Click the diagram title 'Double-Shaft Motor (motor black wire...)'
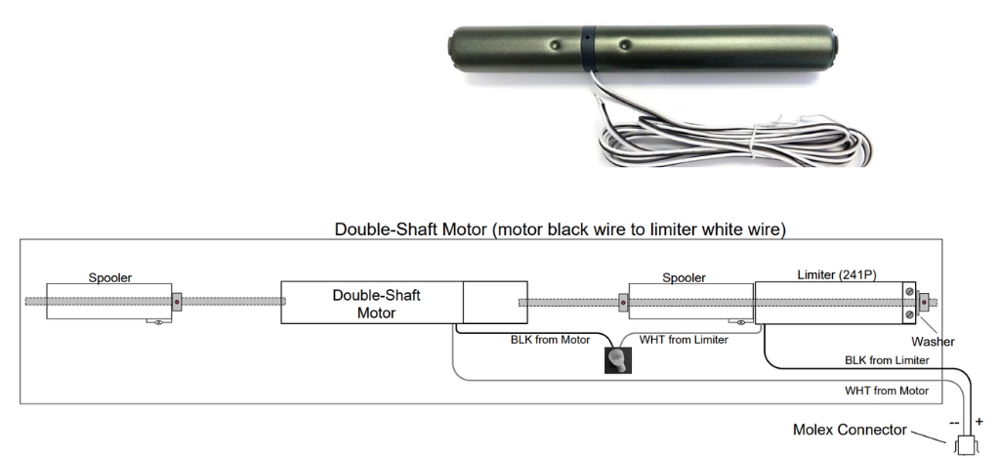[560, 229]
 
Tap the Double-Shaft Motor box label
[376, 305]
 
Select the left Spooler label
[109, 277]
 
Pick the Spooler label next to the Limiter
[684, 277]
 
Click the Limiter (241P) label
[837, 274]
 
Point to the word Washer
[933, 341]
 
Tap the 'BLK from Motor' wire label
[550, 340]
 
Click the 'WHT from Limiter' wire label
[683, 340]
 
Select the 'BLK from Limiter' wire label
[887, 360]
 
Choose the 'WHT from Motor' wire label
[887, 391]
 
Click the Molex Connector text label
[850, 430]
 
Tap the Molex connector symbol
[966, 445]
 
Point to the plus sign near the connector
[979, 422]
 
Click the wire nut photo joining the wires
[618, 360]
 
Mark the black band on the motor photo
[589, 48]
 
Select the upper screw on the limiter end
[909, 292]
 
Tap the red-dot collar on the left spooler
[177, 302]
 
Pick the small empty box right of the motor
[495, 303]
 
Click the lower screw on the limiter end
[909, 313]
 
